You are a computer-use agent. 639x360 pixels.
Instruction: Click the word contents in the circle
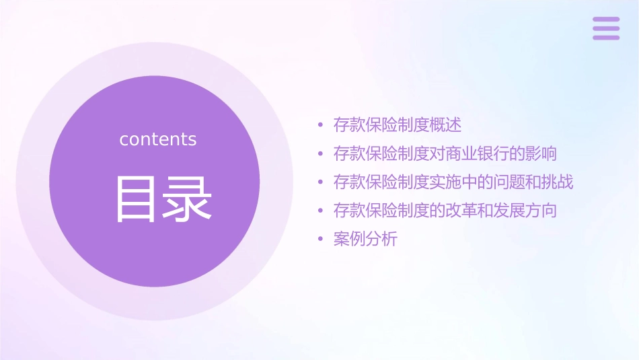tap(158, 139)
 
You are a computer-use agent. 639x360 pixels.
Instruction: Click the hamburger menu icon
tap(606, 28)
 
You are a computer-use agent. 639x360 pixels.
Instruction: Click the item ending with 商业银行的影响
tap(445, 153)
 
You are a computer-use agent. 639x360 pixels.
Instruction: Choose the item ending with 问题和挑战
tap(453, 182)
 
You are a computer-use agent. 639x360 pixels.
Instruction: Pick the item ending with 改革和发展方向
tap(445, 210)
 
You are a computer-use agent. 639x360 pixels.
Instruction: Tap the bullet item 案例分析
tap(365, 239)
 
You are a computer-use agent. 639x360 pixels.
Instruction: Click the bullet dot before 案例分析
tap(321, 240)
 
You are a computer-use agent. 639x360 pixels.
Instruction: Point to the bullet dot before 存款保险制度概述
tap(321, 126)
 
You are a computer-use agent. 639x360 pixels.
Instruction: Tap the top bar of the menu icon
tap(606, 20)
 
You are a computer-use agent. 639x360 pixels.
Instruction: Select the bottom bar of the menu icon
tap(606, 37)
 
